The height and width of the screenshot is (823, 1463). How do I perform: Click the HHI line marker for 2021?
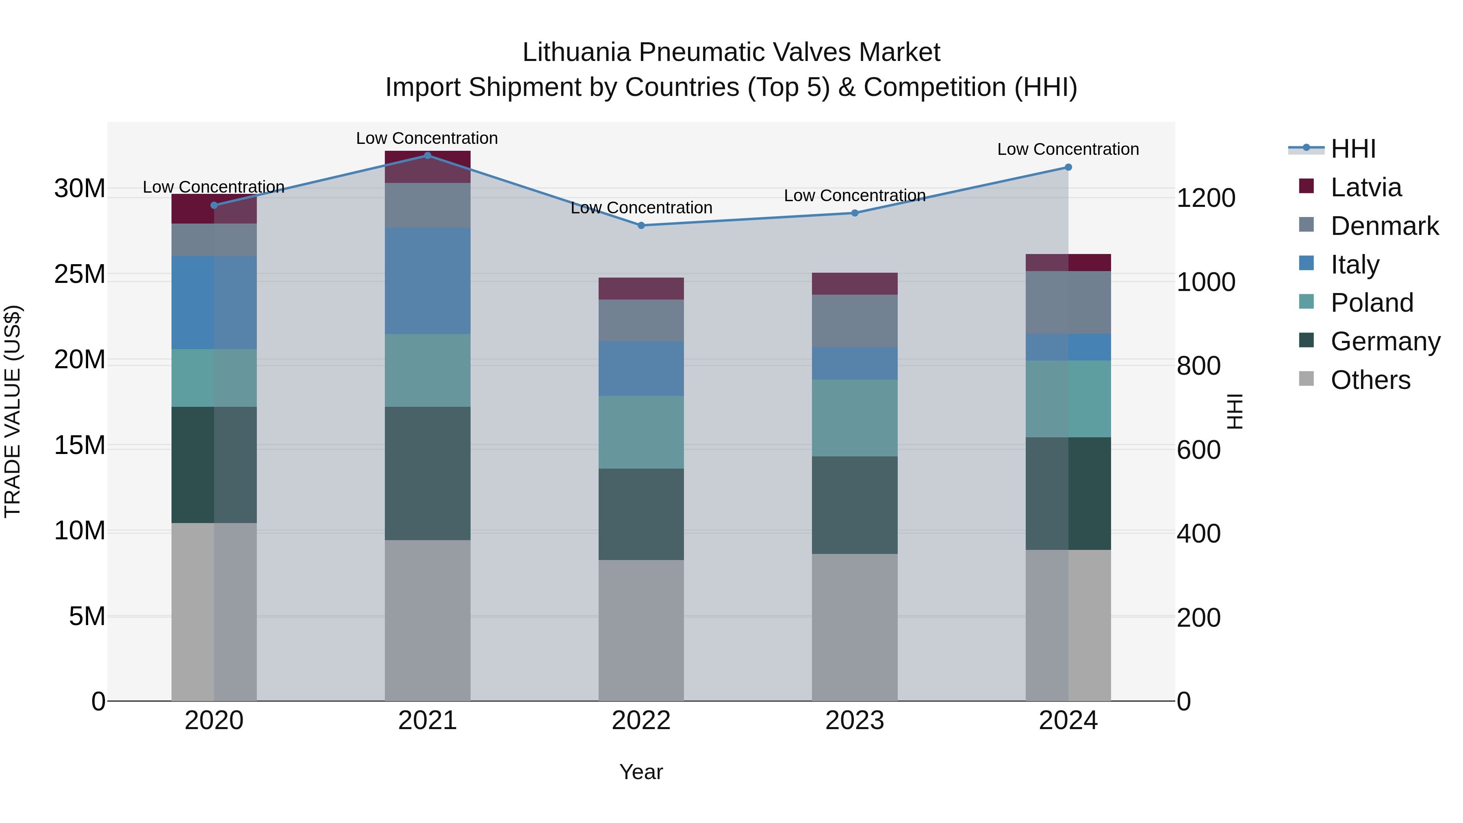point(428,156)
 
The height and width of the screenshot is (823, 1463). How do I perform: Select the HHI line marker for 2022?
point(641,226)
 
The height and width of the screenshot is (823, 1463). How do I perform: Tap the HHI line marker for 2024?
point(1068,167)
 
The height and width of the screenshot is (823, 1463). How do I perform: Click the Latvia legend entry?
point(1365,187)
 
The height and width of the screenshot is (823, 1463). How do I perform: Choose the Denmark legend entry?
point(1384,226)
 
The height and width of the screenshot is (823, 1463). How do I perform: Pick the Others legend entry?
point(1370,380)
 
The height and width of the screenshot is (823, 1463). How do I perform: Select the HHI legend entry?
point(1353,149)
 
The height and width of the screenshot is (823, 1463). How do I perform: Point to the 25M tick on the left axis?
point(80,274)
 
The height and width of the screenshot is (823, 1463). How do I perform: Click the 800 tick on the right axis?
point(1198,366)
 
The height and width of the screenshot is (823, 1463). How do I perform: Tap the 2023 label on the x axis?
point(855,721)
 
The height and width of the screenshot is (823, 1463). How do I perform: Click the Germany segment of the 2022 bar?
point(641,514)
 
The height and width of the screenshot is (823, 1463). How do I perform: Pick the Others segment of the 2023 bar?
point(855,627)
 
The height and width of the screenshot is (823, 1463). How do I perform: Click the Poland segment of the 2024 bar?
point(1068,399)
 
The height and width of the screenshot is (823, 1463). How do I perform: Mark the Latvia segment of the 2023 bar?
point(855,283)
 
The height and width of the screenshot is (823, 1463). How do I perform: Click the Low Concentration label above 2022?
point(641,208)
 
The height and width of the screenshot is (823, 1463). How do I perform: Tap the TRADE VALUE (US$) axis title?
point(13,411)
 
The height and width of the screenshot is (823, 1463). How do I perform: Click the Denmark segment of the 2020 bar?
point(214,240)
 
